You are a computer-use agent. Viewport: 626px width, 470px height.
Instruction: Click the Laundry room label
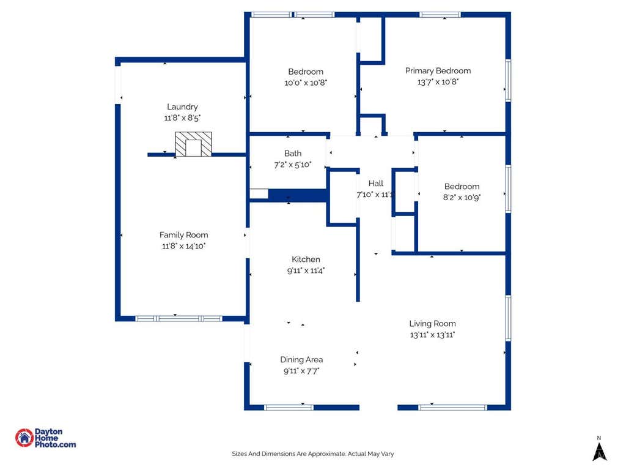(x=182, y=106)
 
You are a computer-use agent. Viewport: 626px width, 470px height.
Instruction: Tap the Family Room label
(x=183, y=235)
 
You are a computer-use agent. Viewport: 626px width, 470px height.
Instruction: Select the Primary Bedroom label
(x=438, y=71)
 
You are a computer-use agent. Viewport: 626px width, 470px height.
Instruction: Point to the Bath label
(x=293, y=154)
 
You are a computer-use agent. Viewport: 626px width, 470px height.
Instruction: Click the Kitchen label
(x=306, y=259)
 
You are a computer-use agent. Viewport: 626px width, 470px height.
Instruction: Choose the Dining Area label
(x=301, y=360)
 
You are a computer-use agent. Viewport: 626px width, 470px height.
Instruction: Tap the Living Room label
(x=432, y=324)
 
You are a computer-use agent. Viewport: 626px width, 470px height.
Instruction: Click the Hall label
(x=376, y=184)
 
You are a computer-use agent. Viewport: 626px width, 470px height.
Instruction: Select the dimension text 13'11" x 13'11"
(x=432, y=335)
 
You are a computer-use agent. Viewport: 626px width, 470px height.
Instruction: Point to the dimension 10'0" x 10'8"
(x=306, y=83)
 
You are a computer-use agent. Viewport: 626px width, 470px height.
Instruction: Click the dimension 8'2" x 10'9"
(x=462, y=198)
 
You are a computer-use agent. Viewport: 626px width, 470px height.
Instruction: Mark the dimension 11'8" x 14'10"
(x=183, y=246)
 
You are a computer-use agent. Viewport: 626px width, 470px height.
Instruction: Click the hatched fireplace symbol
(x=194, y=144)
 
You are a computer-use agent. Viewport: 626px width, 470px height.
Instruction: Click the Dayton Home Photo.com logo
(x=45, y=438)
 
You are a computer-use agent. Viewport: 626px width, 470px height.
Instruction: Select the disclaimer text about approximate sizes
(x=313, y=454)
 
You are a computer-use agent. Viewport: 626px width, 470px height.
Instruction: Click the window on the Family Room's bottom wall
(x=179, y=318)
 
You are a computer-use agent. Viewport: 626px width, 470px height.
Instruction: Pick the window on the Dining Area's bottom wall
(x=289, y=408)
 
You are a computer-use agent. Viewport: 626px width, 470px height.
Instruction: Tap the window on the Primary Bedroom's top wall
(x=440, y=15)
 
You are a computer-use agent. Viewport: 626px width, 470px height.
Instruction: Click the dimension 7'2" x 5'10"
(x=293, y=165)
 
